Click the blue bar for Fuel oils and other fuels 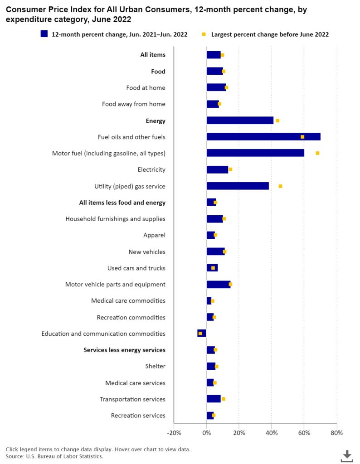coord(263,137)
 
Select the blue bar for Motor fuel coord(255,153)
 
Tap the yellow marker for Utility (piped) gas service coord(280,186)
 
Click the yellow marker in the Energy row coord(277,121)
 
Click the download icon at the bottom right coord(347,455)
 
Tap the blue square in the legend coord(44,34)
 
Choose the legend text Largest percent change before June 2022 coord(270,34)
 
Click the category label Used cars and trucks coord(136,268)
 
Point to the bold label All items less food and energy coord(122,203)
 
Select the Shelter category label coord(155,366)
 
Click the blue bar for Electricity coord(217,169)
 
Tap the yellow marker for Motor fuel coord(317,153)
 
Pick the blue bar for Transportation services coord(214,399)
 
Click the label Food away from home coord(133,104)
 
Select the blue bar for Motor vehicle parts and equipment coord(218,285)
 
